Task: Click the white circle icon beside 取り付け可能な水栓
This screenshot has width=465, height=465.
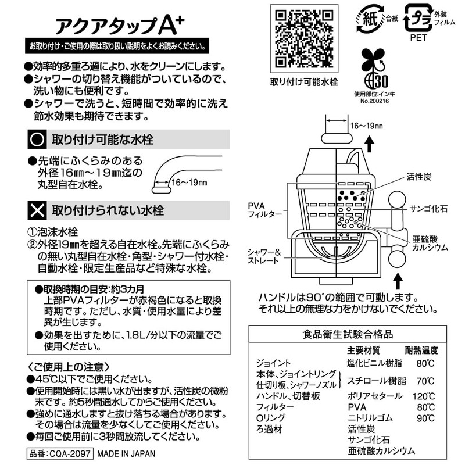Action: (37, 139)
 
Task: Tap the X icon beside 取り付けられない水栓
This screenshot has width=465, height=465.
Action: (37, 206)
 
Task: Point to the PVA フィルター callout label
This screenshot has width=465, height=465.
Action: (265, 210)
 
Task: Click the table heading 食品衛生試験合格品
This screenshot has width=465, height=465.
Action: (348, 334)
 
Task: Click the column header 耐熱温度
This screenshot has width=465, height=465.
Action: (422, 350)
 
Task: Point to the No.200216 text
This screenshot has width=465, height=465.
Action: (370, 100)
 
